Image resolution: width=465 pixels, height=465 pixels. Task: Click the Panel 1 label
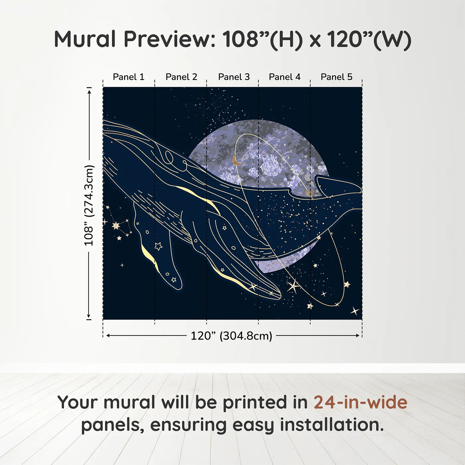point(129,77)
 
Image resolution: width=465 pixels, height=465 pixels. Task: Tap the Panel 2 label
point(181,77)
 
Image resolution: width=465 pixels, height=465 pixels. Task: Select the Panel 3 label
point(234,77)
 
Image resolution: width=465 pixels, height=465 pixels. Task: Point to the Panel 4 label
point(285,77)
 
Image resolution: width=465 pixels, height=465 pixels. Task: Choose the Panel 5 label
point(336,77)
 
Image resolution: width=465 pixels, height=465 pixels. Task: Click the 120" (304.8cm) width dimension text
point(232,336)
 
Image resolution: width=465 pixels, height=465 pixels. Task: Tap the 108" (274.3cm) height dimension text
point(88,205)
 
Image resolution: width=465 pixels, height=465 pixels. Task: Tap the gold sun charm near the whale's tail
point(309,193)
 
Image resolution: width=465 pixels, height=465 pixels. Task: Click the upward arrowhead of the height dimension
point(89,92)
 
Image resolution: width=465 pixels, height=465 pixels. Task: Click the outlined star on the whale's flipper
point(158,246)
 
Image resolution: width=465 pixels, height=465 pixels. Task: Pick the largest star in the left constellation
point(116,226)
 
